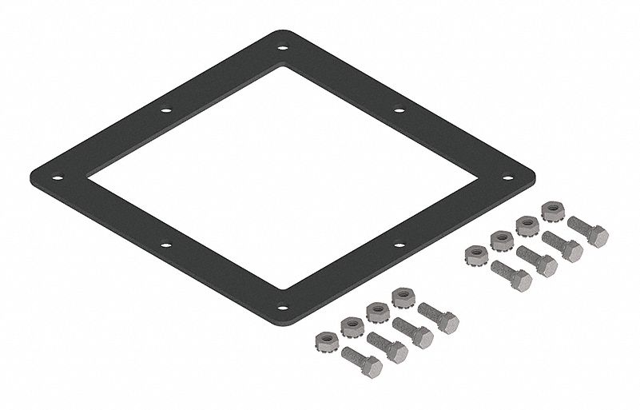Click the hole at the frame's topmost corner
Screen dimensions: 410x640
click(283, 48)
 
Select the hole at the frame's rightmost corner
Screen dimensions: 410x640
click(508, 177)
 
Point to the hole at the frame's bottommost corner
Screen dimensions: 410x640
click(282, 306)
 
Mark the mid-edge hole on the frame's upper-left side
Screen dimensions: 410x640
click(165, 110)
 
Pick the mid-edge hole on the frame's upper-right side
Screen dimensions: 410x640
click(399, 110)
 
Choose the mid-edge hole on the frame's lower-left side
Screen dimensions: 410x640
click(165, 245)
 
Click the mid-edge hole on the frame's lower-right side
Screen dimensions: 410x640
click(399, 245)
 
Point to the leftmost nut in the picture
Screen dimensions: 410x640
click(326, 339)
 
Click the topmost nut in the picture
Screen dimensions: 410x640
click(552, 212)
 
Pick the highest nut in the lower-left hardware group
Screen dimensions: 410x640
click(403, 298)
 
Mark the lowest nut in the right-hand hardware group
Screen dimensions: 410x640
click(476, 255)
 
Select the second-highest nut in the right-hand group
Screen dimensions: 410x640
click(527, 225)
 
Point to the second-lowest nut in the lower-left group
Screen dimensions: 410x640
click(352, 325)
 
